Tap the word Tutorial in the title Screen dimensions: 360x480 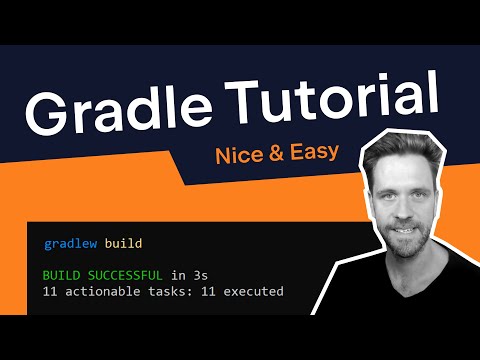pyautogui.click(x=340, y=100)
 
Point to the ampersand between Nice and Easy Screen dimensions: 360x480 pyautogui.click(x=278, y=154)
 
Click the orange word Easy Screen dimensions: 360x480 pyautogui.click(x=314, y=155)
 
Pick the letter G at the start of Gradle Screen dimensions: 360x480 pyautogui.click(x=49, y=108)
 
